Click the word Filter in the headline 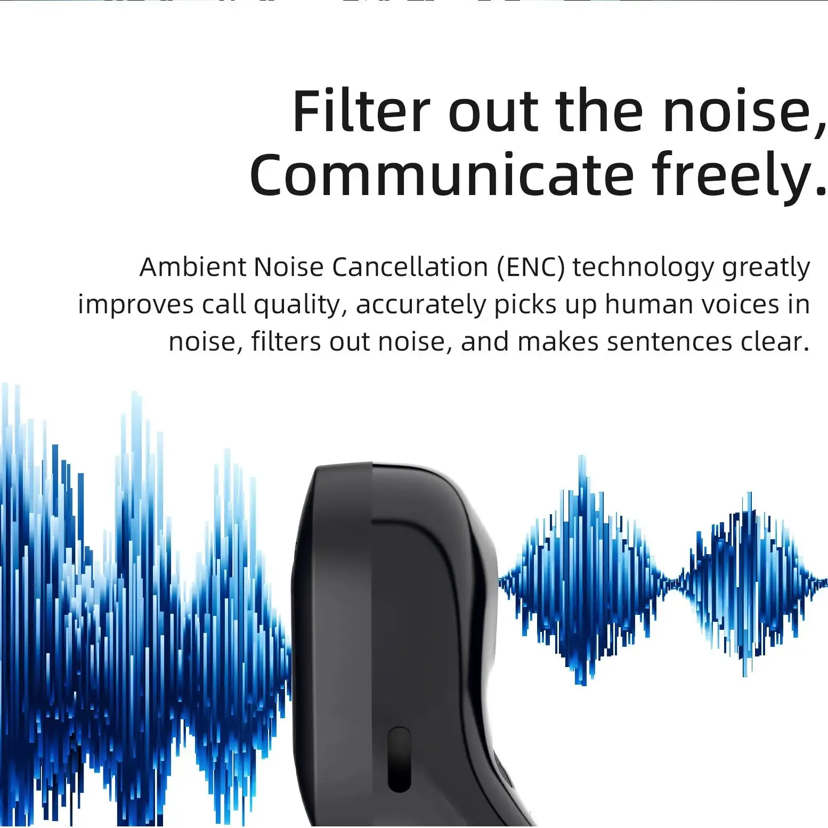tap(361, 112)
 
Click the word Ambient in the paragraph tap(192, 267)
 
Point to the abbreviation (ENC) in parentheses tap(530, 267)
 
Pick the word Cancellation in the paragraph tap(410, 267)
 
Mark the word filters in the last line tap(286, 342)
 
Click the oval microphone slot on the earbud tap(399, 759)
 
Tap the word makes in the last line tap(557, 342)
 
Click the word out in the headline tap(493, 112)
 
